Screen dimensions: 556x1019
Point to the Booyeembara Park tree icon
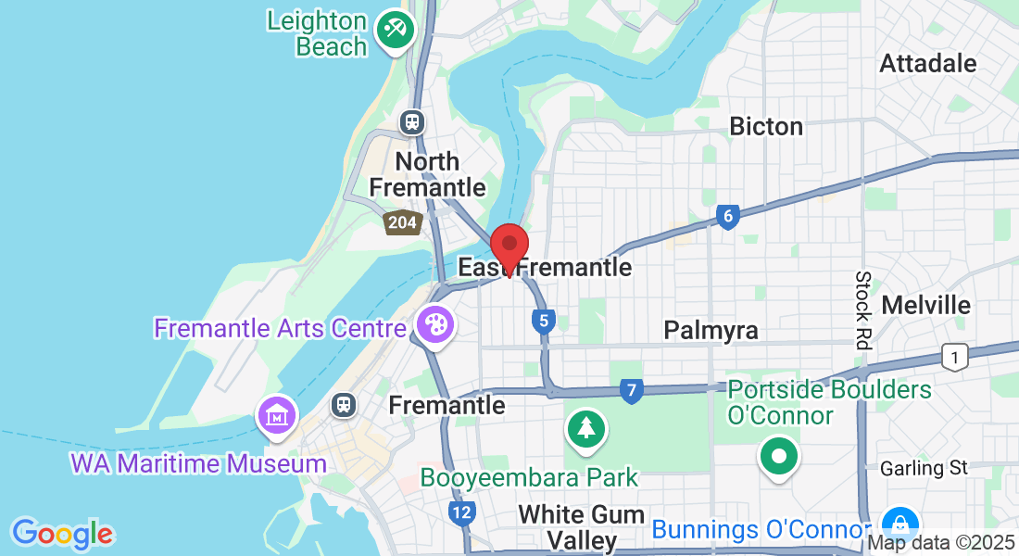tap(585, 428)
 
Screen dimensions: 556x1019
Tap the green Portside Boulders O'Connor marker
tap(778, 456)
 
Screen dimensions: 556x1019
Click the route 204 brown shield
tap(403, 221)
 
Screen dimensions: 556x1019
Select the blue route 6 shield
tap(728, 217)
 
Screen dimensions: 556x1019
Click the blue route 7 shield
tap(632, 391)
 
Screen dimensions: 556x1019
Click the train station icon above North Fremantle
tap(412, 121)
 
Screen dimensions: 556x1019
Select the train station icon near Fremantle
tap(344, 404)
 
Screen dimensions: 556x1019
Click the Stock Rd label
tap(863, 310)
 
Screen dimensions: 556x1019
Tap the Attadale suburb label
tap(928, 64)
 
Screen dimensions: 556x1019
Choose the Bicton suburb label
tap(766, 126)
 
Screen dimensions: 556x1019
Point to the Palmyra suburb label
tap(711, 330)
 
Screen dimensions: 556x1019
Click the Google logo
tap(62, 534)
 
